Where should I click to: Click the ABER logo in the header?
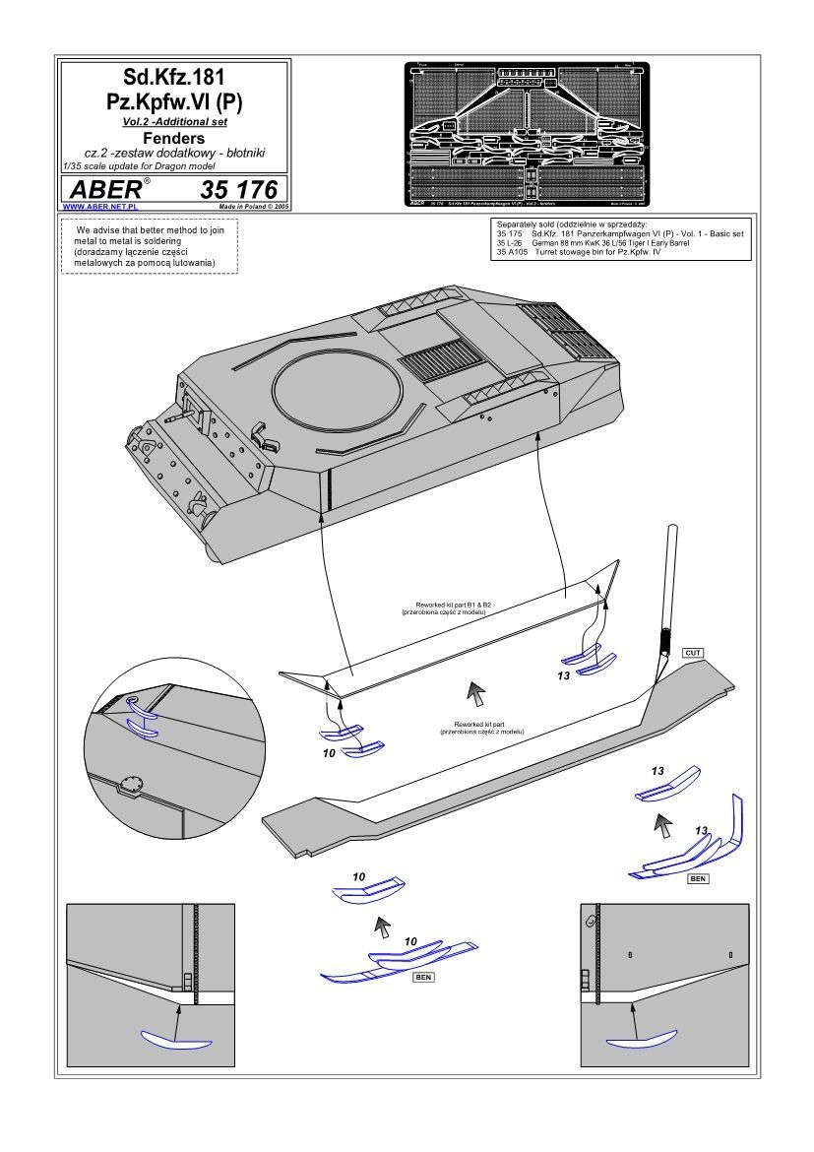105,190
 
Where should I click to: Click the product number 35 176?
237,190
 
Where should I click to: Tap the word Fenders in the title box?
173,139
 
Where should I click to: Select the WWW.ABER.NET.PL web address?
98,208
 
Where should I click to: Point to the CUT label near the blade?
692,653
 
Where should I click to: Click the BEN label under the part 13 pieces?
698,876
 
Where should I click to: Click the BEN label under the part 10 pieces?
424,978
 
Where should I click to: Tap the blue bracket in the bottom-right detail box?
641,1039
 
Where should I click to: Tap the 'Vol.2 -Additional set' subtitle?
173,121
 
